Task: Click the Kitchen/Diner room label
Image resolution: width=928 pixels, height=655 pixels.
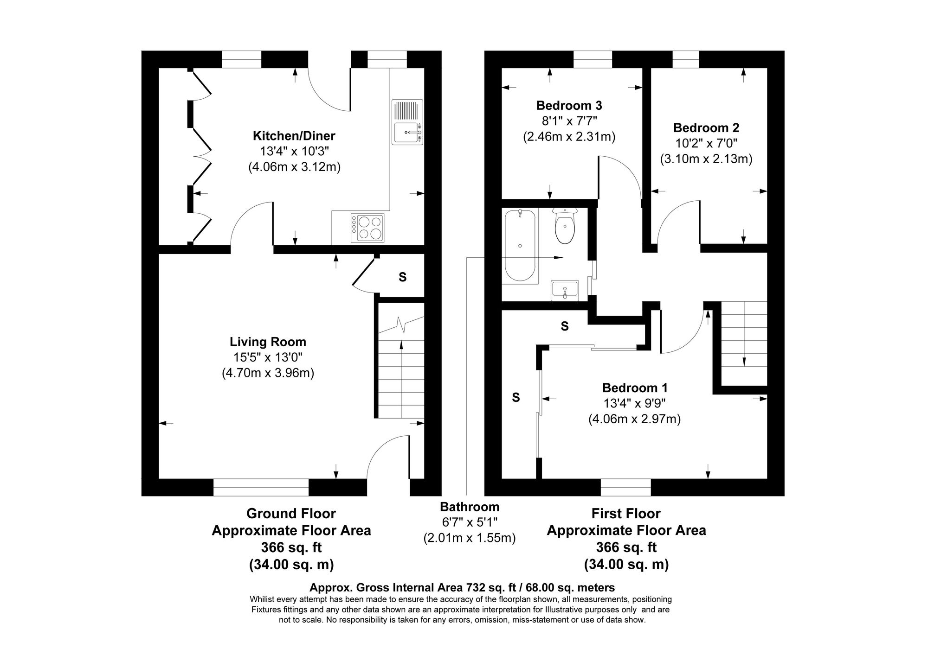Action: pyautogui.click(x=294, y=136)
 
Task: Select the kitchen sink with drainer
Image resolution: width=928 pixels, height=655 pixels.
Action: pyautogui.click(x=407, y=122)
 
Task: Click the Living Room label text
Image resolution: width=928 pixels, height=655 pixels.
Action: pyautogui.click(x=268, y=342)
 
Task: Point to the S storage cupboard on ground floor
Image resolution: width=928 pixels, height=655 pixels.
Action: pyautogui.click(x=402, y=277)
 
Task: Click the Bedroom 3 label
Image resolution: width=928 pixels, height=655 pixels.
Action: pyautogui.click(x=569, y=105)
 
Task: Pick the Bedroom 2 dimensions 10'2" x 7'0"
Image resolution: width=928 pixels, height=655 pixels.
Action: pyautogui.click(x=706, y=143)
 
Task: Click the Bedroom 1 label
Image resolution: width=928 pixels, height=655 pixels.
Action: pyautogui.click(x=634, y=388)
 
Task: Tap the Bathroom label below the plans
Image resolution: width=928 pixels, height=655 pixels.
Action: pyautogui.click(x=470, y=507)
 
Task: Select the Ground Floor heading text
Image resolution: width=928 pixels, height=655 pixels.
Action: pyautogui.click(x=291, y=514)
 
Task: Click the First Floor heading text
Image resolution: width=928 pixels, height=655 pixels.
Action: pyautogui.click(x=626, y=514)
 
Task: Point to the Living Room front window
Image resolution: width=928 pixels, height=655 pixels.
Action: pyautogui.click(x=261, y=487)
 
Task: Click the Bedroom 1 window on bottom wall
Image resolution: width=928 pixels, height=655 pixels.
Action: pyautogui.click(x=625, y=487)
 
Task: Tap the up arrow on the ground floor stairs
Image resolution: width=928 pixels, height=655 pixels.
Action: pyautogui.click(x=401, y=352)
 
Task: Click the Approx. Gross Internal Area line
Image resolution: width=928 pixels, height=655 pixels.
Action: pyautogui.click(x=462, y=588)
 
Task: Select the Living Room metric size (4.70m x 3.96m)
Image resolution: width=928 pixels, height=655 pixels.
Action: pyautogui.click(x=268, y=373)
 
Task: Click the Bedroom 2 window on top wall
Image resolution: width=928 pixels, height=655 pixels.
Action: pyautogui.click(x=685, y=59)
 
